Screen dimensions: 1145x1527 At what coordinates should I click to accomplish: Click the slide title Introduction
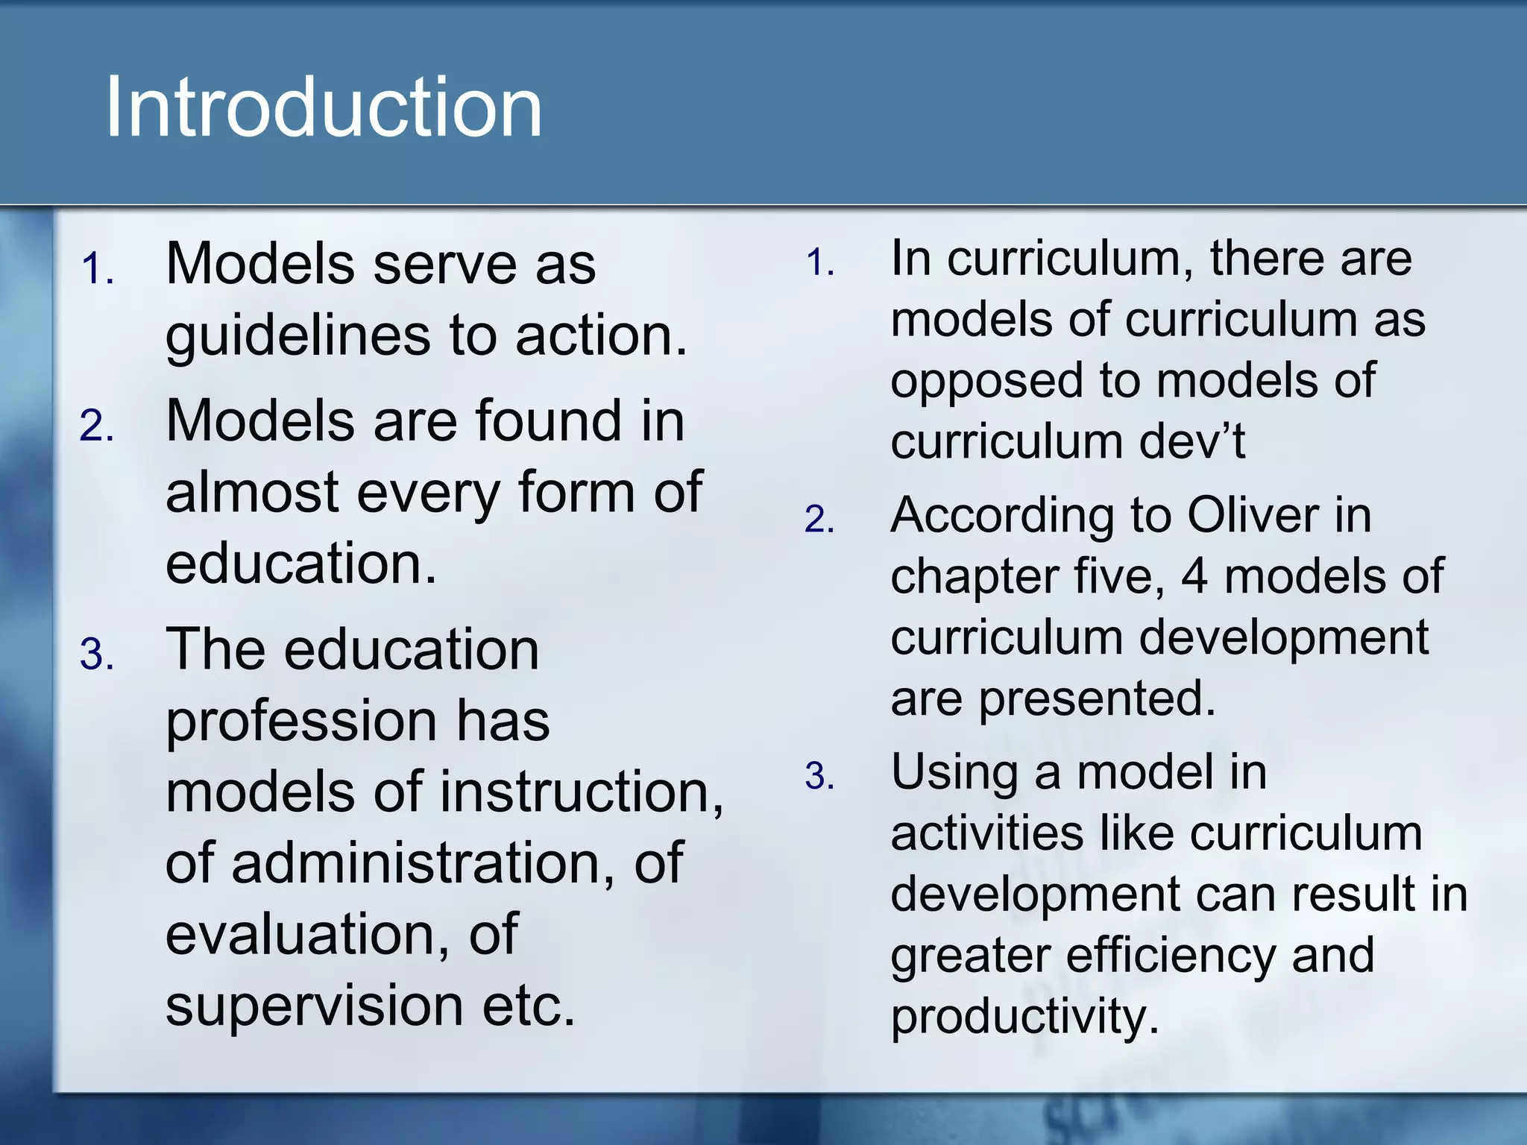pos(324,108)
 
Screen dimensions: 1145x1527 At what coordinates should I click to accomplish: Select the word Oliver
pos(1253,516)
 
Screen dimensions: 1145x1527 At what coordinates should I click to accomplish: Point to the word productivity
pos(1024,1018)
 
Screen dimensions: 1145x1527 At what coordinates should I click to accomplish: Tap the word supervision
pos(313,1006)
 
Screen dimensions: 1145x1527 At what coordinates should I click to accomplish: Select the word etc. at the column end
pos(529,1006)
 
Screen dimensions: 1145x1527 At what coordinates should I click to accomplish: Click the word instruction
pos(582,792)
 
